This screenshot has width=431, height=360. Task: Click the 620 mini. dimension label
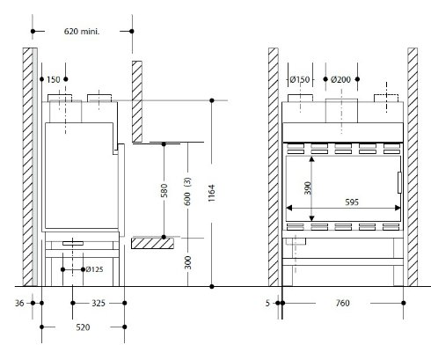82,31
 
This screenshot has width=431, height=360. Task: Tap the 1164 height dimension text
211,193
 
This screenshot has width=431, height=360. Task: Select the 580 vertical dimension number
164,190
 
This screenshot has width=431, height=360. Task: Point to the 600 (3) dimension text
187,191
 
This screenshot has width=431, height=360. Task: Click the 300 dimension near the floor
187,262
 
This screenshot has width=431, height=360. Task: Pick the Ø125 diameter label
94,269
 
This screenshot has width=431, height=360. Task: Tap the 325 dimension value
99,303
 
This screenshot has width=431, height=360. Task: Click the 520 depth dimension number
83,327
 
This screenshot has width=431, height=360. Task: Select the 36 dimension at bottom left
19,303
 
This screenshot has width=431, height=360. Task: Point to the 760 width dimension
342,303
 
